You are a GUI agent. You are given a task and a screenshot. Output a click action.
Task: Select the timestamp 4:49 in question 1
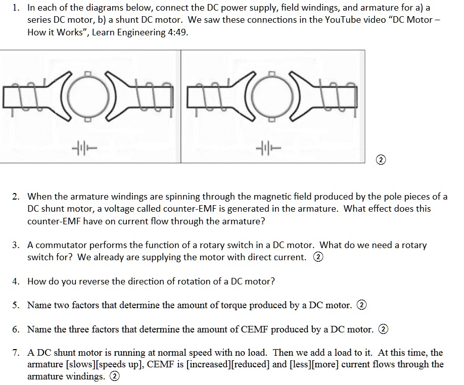pyautogui.click(x=183, y=32)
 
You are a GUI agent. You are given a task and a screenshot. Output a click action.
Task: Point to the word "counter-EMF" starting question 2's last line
pyautogui.click(x=54, y=221)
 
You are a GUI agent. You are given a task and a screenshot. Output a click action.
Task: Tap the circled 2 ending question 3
pyautogui.click(x=318, y=257)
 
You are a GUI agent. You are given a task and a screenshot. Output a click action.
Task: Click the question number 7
pyautogui.click(x=16, y=353)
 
